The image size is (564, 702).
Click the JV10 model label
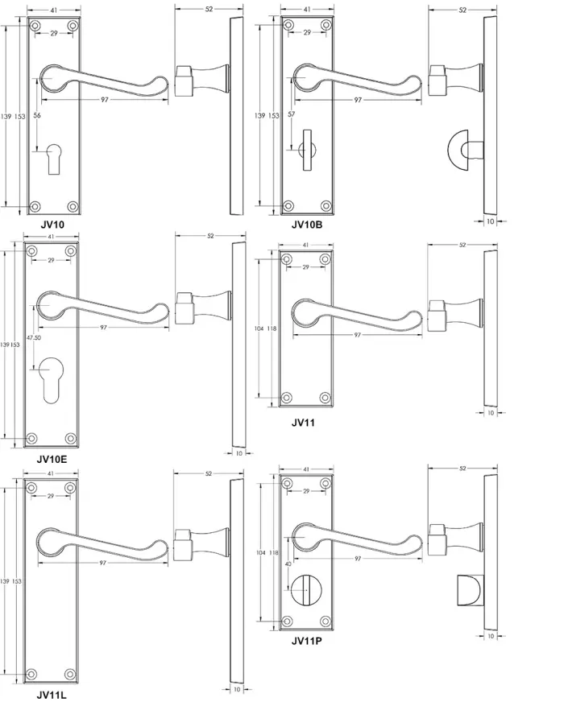click(52, 225)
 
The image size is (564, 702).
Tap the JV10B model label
click(307, 225)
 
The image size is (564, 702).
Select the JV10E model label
click(52, 459)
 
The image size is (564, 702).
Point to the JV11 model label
click(303, 422)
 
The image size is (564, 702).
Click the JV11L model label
click(52, 695)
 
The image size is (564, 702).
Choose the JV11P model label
click(307, 641)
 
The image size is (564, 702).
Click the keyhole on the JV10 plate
click(53, 159)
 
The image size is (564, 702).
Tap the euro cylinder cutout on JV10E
click(51, 381)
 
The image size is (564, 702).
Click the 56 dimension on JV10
click(37, 115)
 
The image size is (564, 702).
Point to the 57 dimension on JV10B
click(292, 114)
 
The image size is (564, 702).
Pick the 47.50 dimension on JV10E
click(34, 337)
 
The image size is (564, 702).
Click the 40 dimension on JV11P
click(288, 564)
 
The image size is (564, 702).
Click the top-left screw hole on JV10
click(35, 27)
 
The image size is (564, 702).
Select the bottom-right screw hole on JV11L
click(70, 675)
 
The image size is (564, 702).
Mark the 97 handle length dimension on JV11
click(357, 335)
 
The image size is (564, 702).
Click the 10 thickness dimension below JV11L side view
click(237, 689)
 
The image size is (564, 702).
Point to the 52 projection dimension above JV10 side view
click(209, 9)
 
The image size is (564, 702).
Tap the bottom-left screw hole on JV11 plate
click(287, 397)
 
